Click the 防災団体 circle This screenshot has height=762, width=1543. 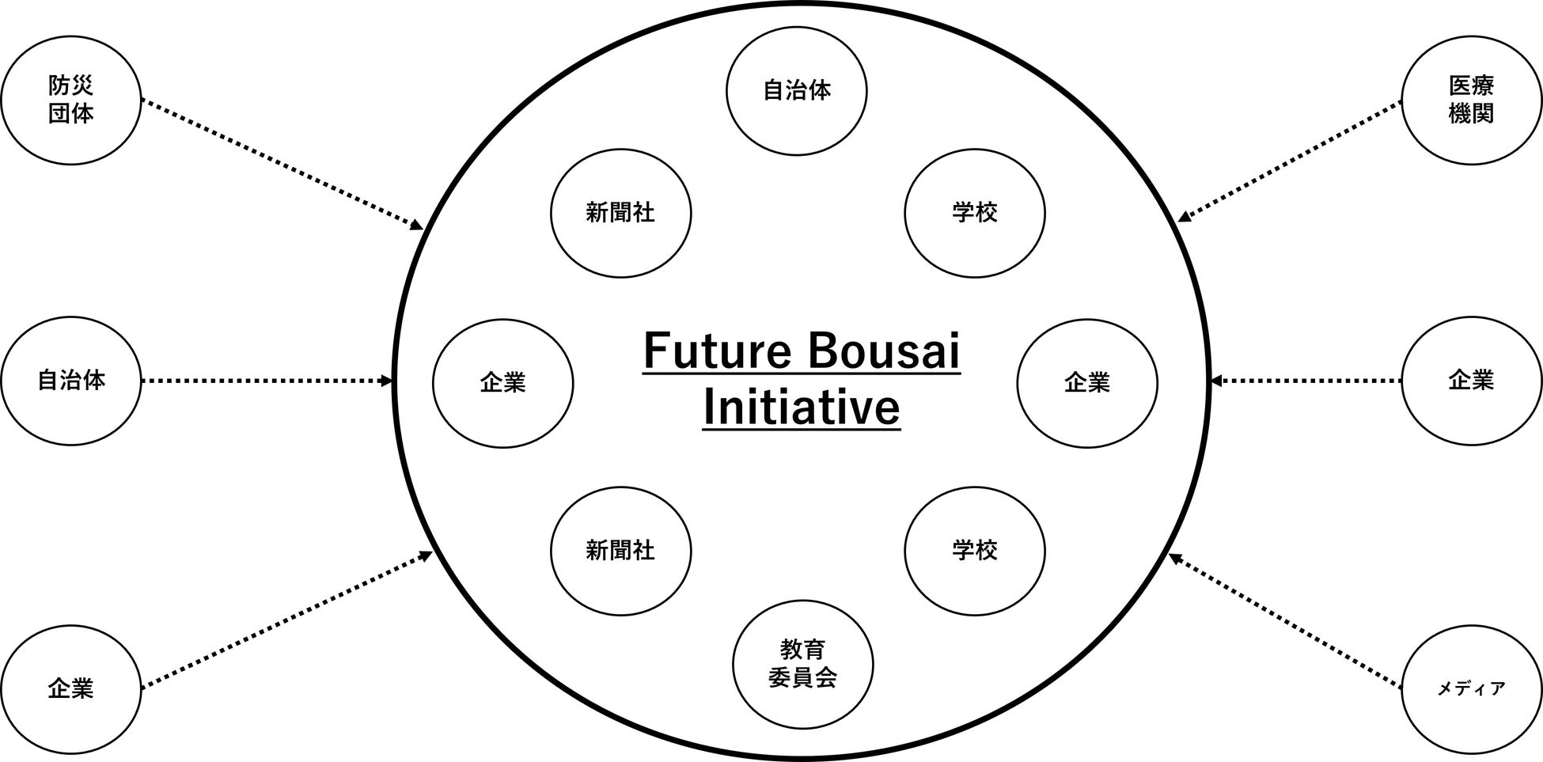click(70, 100)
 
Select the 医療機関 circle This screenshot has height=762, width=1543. click(1471, 100)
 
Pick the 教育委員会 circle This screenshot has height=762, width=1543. click(802, 664)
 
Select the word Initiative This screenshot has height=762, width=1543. click(802, 408)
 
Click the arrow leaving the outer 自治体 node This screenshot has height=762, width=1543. click(265, 381)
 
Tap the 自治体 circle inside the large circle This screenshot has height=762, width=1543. click(797, 91)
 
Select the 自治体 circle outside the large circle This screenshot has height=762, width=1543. click(70, 381)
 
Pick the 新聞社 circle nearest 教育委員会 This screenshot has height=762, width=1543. click(620, 551)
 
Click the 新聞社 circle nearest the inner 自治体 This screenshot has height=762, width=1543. click(620, 213)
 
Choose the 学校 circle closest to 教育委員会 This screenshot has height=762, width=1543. click(974, 551)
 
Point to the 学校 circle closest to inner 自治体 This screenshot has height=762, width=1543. click(974, 213)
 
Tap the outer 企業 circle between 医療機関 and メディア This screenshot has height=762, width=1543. click(1471, 381)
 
